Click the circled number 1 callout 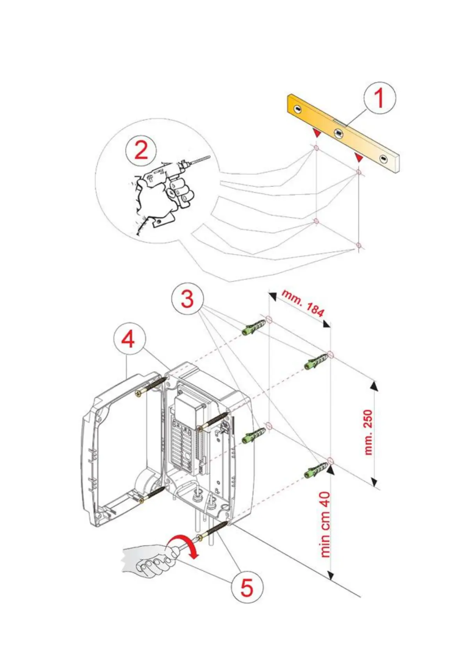(379, 98)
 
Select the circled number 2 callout (141, 150)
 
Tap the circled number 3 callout (187, 299)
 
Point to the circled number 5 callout (247, 586)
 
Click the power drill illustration (172, 183)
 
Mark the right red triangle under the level (358, 158)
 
